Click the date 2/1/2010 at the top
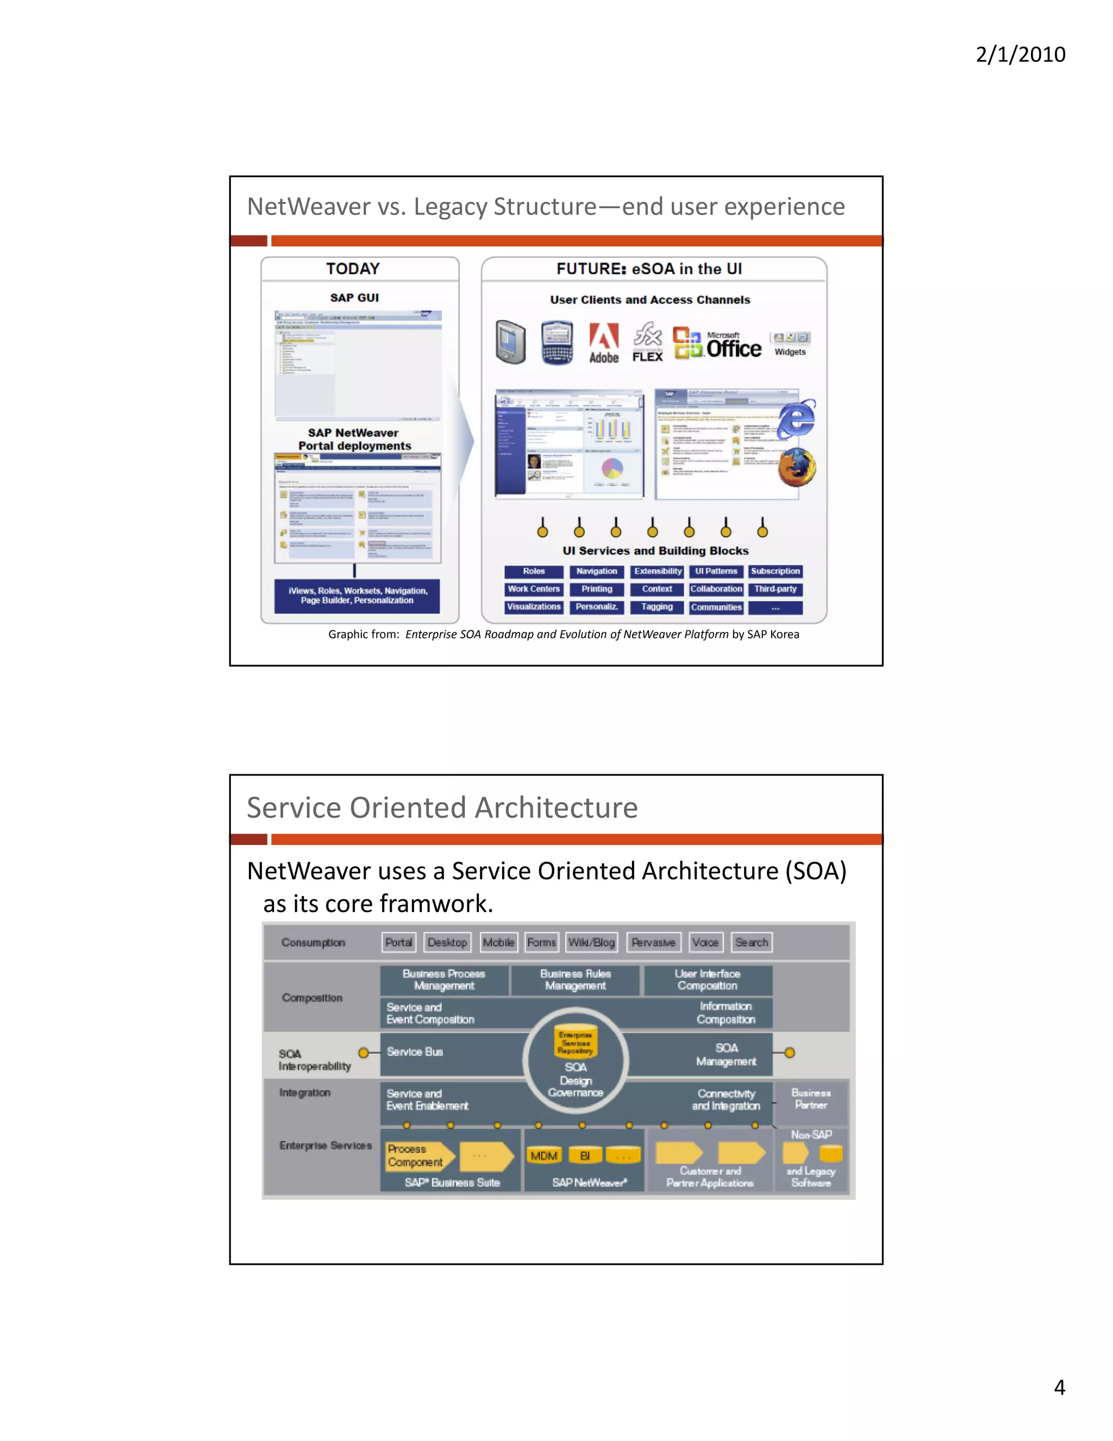tap(1020, 54)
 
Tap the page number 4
tap(1059, 1387)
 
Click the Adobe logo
tap(603, 343)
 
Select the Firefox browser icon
tap(797, 467)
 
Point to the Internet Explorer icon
tap(797, 418)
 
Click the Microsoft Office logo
tap(717, 344)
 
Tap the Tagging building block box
tap(656, 607)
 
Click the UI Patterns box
tap(716, 572)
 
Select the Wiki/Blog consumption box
tap(591, 942)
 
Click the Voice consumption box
tap(705, 942)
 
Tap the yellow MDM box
tap(544, 1156)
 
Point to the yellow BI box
tap(585, 1156)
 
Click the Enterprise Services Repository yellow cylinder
tap(576, 1042)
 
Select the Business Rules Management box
tap(575, 980)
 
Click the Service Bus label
tap(415, 1052)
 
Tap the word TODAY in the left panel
tap(353, 269)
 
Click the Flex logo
tap(647, 343)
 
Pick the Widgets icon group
tap(791, 343)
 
